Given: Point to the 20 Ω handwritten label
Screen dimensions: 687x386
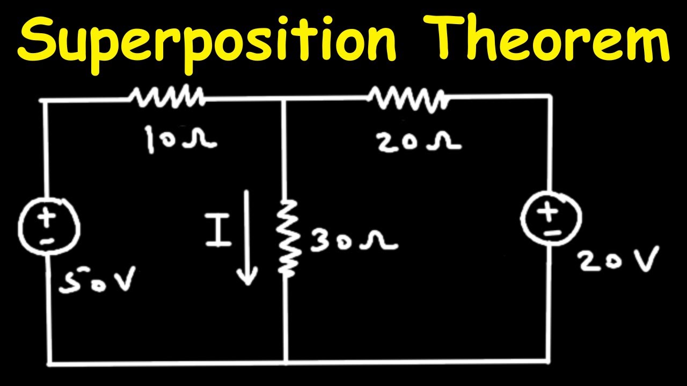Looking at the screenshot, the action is click(419, 142).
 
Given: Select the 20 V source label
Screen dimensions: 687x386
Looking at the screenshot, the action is click(618, 259).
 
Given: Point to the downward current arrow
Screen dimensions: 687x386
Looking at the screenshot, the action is click(247, 237).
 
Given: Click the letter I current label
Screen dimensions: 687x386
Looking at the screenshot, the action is click(218, 229).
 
